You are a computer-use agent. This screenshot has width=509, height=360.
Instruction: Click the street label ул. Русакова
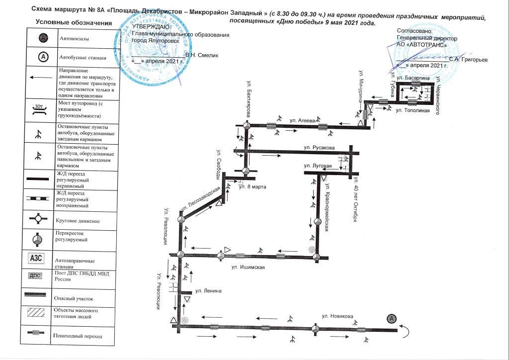319,148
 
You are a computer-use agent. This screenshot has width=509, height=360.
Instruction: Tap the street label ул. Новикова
337,316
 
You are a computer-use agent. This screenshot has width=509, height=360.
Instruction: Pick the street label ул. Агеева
303,120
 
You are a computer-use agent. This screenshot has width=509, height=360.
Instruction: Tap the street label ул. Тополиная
412,110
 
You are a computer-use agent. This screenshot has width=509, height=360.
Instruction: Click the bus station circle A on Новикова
392,318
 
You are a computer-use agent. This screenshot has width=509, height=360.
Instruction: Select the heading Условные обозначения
74,23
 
